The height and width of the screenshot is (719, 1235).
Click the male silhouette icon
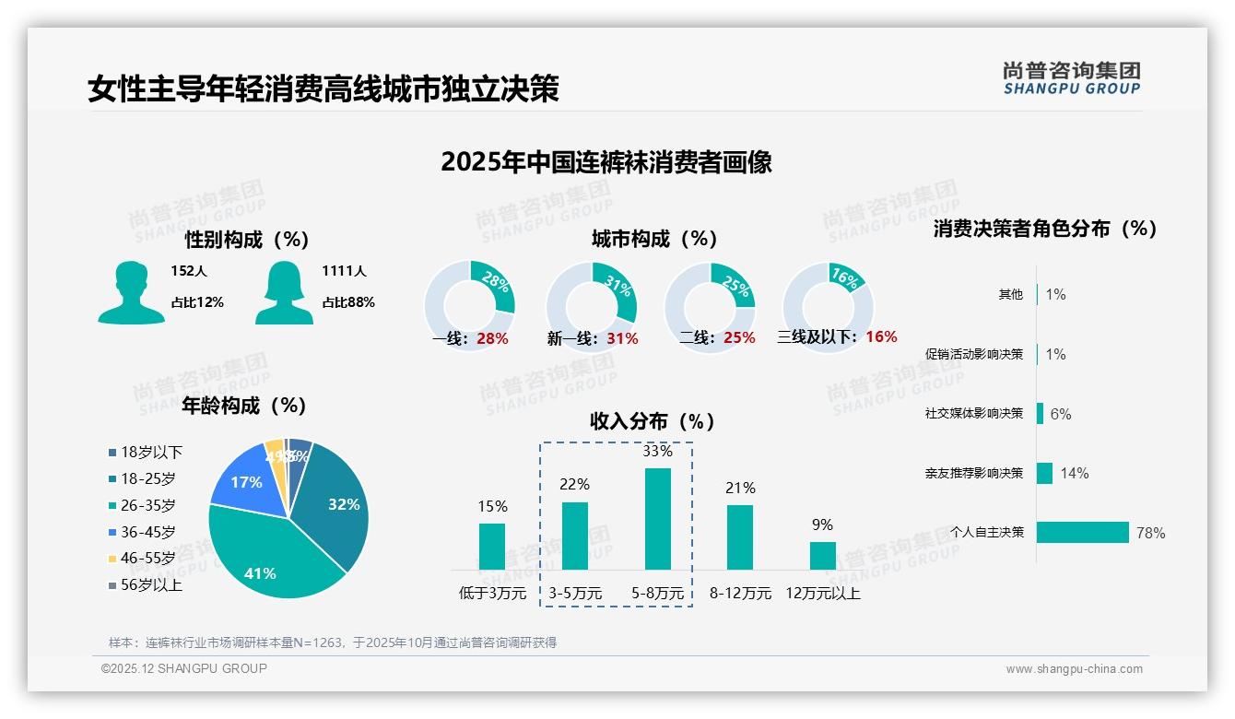click(131, 292)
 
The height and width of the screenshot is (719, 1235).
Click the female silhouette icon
click(284, 292)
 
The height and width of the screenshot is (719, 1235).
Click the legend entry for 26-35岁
click(147, 505)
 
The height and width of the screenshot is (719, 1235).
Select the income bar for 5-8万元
click(657, 519)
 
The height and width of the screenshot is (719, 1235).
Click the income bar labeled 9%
click(823, 556)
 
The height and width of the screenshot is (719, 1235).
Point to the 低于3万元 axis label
click(492, 594)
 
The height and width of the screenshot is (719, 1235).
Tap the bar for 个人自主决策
click(1083, 533)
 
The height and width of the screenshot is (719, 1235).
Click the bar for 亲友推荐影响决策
click(1044, 473)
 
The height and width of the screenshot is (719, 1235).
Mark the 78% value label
click(1150, 533)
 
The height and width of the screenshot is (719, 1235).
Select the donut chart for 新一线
click(592, 306)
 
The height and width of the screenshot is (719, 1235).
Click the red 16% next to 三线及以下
click(881, 336)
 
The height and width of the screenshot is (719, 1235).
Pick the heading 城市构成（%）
click(654, 239)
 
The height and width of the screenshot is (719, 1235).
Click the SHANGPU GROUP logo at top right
click(1072, 78)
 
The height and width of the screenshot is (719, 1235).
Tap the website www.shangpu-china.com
click(1074, 669)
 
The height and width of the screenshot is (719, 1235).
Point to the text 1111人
click(344, 271)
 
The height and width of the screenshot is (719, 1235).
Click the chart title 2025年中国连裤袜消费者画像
click(606, 162)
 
